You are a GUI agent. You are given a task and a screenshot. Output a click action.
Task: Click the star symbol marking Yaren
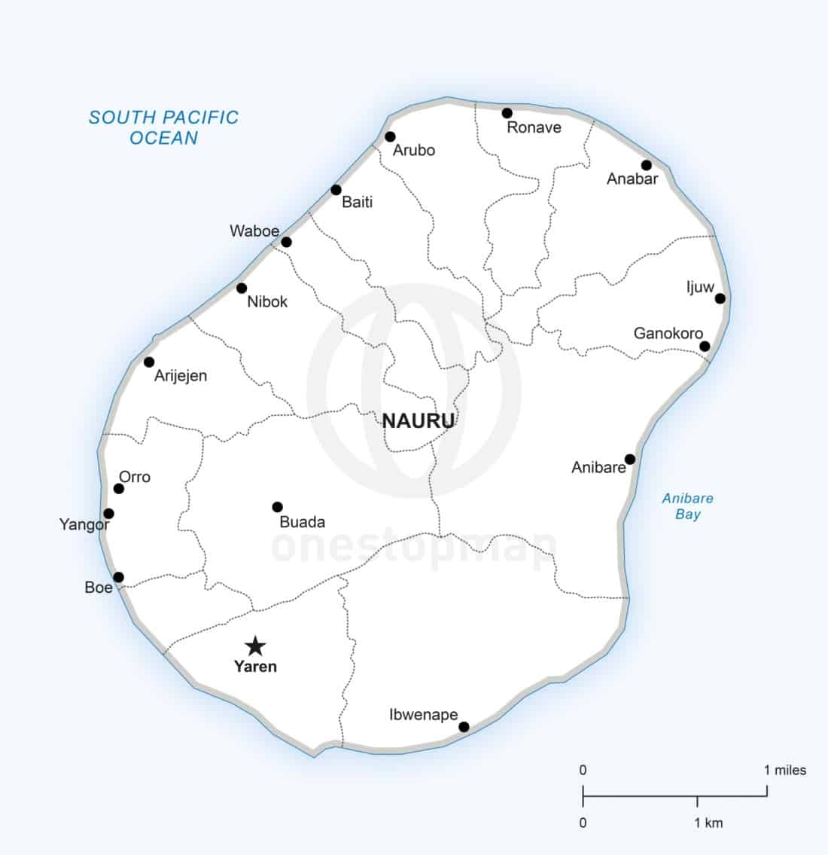[256, 646]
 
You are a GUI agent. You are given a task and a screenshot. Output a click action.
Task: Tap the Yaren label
[255, 667]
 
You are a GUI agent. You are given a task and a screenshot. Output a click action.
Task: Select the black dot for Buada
[277, 507]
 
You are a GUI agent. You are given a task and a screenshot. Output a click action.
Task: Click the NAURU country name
[419, 421]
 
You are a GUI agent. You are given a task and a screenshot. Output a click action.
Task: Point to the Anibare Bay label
[687, 506]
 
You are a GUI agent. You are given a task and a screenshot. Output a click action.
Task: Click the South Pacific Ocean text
[163, 127]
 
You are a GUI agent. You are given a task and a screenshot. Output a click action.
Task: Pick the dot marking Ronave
[507, 113]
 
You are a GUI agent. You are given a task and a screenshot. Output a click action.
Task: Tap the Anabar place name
[632, 179]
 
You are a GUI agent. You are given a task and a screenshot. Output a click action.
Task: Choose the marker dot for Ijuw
[720, 298]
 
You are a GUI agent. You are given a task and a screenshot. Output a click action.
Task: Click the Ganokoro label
[668, 333]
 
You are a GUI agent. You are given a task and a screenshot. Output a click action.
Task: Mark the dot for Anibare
[630, 459]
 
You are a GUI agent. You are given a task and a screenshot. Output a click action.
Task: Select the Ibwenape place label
[424, 715]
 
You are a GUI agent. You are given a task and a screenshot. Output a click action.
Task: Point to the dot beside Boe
[118, 577]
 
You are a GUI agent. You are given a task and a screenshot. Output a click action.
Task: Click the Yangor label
[84, 525]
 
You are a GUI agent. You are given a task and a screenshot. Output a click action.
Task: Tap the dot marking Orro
[118, 488]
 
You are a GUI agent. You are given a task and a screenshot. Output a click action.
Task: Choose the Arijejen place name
[181, 376]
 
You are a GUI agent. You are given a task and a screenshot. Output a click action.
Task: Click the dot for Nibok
[242, 288]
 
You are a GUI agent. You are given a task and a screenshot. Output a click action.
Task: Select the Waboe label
[254, 231]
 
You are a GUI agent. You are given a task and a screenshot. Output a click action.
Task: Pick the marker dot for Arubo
[390, 136]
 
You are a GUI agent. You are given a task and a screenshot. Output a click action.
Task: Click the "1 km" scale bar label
[708, 823]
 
